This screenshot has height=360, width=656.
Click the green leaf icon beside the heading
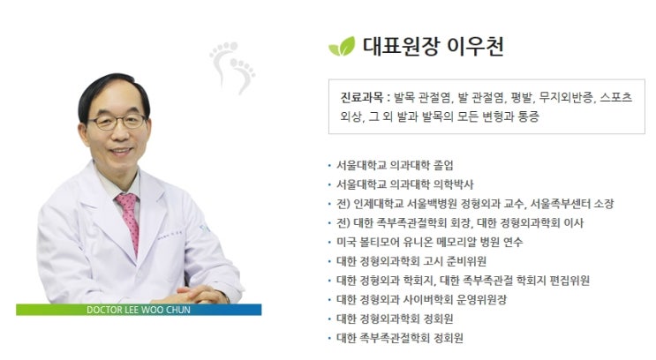point(342,47)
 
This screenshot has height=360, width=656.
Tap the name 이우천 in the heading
point(476,47)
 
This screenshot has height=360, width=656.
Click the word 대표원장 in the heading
point(400,47)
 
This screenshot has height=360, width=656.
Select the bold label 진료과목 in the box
point(361,98)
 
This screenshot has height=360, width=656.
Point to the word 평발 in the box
point(521,98)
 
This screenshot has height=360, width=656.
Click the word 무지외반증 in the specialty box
point(567,98)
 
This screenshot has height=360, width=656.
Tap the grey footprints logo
point(232,67)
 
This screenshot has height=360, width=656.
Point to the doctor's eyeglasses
point(117,122)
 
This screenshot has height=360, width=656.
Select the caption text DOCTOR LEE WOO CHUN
point(139,310)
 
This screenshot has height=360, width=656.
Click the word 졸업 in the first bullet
point(443,165)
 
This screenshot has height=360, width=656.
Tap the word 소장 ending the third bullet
point(604,204)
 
